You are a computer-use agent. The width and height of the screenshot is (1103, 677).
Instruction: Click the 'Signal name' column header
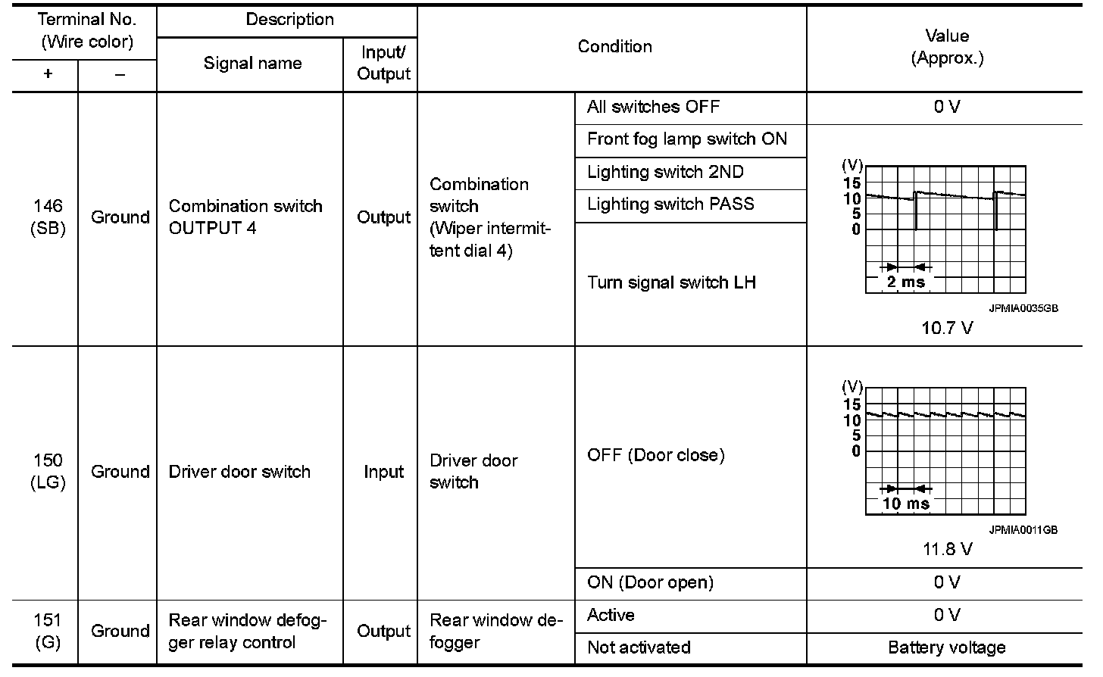252,64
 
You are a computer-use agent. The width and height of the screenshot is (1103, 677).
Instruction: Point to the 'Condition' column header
614,46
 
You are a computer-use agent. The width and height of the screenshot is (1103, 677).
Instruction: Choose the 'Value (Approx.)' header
947,47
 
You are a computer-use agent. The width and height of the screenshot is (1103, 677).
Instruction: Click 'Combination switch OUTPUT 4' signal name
245,217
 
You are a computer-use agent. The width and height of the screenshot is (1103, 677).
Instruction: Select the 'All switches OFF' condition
653,107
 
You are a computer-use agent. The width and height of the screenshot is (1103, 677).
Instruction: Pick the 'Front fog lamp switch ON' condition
686,139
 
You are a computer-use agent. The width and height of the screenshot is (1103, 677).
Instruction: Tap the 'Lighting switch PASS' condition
670,204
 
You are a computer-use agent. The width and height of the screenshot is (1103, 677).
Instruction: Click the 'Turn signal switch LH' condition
671,282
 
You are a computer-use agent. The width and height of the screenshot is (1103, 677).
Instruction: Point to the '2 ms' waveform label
905,282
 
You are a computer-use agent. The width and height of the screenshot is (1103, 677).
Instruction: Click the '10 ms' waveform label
905,504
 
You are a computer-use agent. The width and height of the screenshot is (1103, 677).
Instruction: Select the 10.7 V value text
947,328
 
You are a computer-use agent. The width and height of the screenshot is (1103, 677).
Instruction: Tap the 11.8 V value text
947,549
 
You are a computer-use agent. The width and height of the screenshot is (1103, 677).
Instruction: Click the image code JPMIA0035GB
1023,309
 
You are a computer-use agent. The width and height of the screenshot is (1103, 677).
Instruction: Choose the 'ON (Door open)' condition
650,582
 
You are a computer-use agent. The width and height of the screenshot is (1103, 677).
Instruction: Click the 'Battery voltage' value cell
947,647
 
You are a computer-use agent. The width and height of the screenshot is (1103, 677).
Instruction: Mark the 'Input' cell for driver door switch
383,471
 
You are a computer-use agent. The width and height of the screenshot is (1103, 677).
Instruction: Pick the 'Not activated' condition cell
639,647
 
